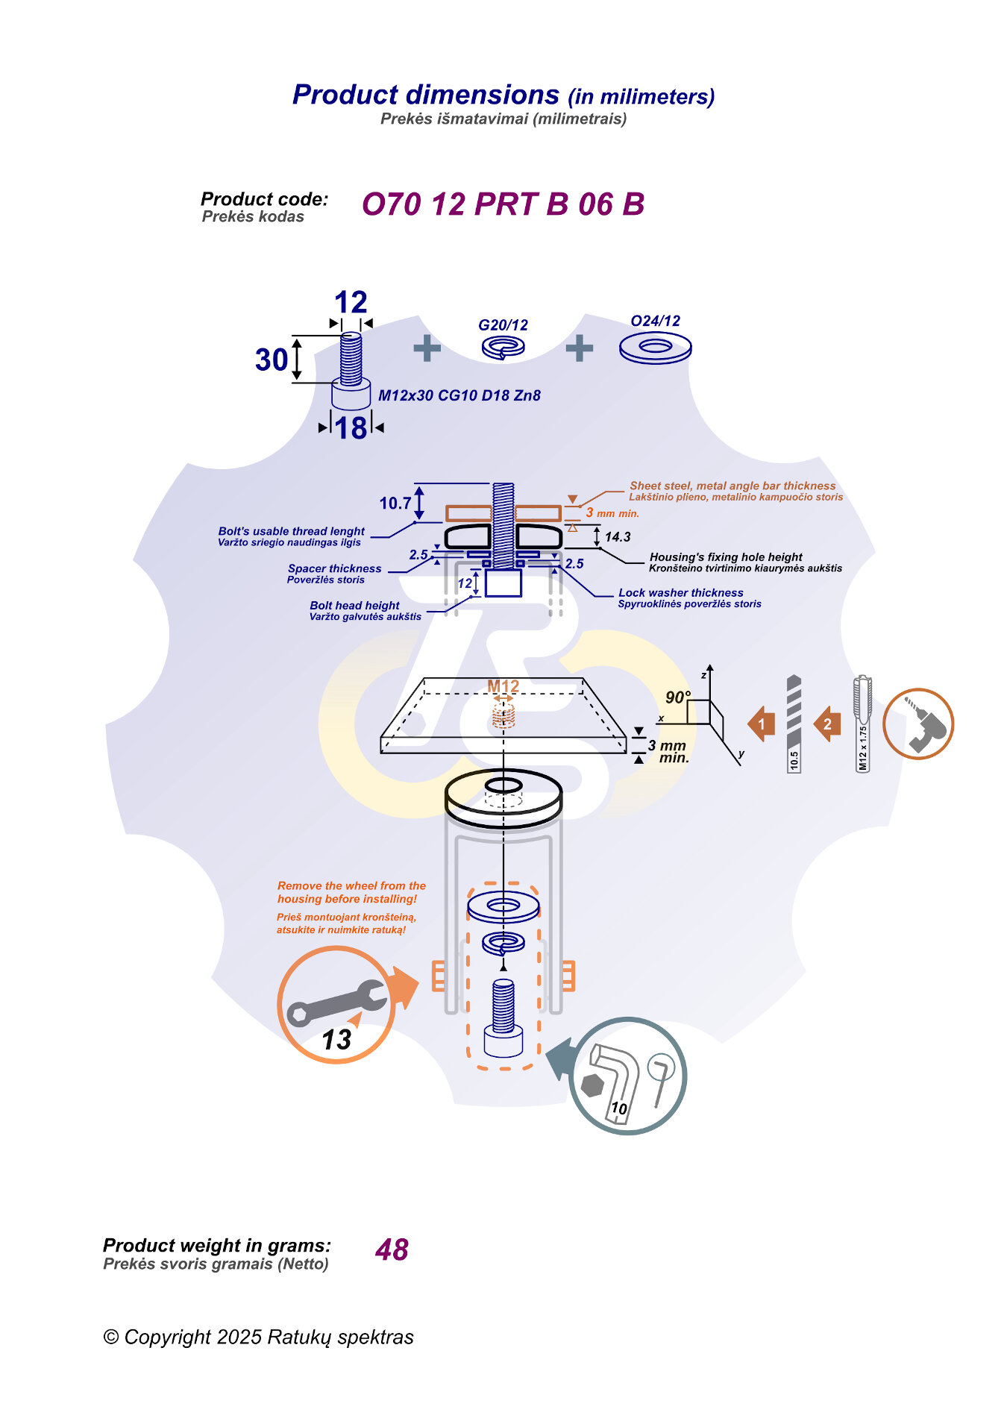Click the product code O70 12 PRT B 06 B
[503, 204]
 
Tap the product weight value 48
[392, 1249]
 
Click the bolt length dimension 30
[272, 360]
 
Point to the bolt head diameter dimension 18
[351, 428]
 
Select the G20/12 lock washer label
[503, 325]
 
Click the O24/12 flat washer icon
[655, 348]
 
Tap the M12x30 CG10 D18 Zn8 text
[459, 395]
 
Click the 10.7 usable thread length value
[395, 504]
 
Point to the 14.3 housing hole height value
[618, 537]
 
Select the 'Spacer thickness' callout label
[334, 568]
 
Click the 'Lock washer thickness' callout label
[680, 593]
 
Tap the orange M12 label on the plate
[503, 686]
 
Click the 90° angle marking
[677, 697]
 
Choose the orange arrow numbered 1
[762, 724]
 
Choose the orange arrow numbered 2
[826, 724]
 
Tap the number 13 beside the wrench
[336, 1039]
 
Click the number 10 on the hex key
[618, 1108]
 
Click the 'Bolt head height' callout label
[354, 606]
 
